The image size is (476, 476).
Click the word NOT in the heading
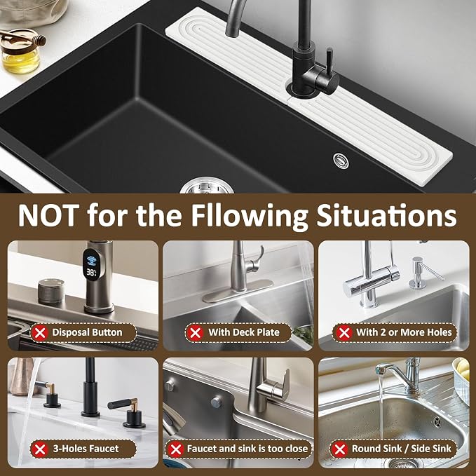pos(48,215)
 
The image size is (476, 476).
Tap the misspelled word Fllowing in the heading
pos(250,216)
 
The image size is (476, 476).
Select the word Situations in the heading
pos(386,215)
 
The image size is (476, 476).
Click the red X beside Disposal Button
pos(40,333)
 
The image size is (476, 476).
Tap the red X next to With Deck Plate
pos(195,333)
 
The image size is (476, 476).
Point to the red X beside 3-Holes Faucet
pos(40,449)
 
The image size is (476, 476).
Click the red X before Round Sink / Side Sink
pos(340,449)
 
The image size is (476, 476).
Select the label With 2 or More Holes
pos(404,332)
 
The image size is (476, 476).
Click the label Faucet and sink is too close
pos(247,449)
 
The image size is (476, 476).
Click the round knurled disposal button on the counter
pos(51,291)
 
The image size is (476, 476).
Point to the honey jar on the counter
pos(20,52)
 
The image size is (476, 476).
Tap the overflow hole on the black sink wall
pos(341,161)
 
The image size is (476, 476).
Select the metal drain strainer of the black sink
pos(207,186)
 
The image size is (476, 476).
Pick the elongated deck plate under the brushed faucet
pos(238,291)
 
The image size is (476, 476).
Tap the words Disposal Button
pos(87,332)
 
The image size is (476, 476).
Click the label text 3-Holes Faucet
pos(86,449)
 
